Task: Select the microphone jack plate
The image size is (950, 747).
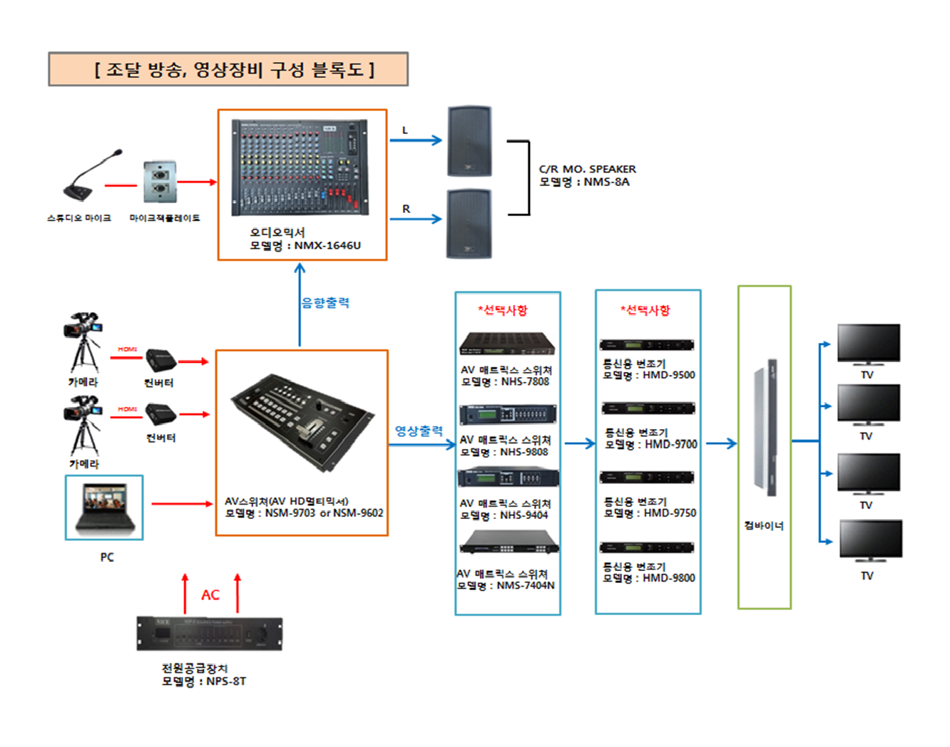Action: click(160, 182)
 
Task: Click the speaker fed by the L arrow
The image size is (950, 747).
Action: click(469, 141)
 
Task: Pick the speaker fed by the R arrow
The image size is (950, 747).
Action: click(469, 223)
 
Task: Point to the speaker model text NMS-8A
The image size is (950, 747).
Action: click(606, 182)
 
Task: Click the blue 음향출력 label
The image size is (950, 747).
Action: click(325, 303)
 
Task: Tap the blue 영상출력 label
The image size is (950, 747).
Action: click(419, 431)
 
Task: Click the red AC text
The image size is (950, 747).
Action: click(210, 595)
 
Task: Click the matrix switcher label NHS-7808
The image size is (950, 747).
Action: click(525, 382)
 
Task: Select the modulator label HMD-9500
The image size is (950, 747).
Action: click(668, 376)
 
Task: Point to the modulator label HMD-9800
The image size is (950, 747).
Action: click(668, 579)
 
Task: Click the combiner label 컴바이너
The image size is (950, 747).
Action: click(764, 526)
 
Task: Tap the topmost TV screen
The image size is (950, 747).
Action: click(869, 343)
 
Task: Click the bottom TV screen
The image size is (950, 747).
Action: click(870, 540)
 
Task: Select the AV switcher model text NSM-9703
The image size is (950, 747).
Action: click(290, 513)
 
